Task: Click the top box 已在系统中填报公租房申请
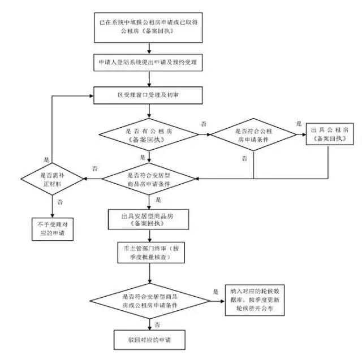click(149, 26)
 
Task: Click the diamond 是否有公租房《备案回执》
click(149, 134)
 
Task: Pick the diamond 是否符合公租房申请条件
click(253, 134)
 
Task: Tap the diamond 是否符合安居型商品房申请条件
click(149, 179)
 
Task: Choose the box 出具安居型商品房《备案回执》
click(149, 219)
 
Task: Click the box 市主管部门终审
click(149, 252)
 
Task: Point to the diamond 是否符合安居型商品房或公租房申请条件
click(149, 300)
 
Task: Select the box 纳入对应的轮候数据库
click(254, 300)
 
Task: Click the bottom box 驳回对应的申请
click(149, 341)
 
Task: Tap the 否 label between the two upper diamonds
click(203, 123)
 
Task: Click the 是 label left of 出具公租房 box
click(299, 123)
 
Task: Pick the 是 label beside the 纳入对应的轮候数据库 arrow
click(216, 292)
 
